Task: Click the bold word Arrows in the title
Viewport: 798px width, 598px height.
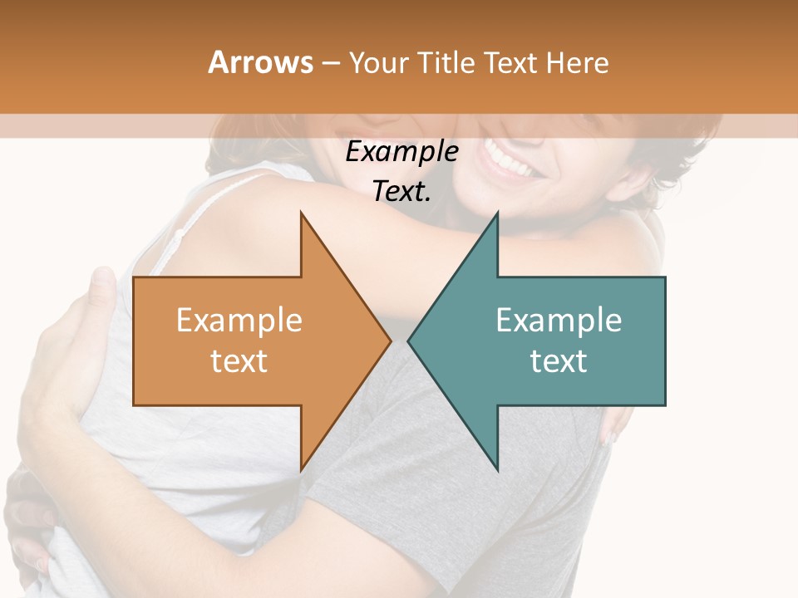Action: click(x=260, y=63)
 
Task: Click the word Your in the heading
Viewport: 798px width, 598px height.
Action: click(x=377, y=63)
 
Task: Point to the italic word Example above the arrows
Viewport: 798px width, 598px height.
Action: click(x=401, y=152)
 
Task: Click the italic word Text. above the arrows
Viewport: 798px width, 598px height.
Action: click(x=401, y=192)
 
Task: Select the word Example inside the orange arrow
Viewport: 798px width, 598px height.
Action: click(x=239, y=321)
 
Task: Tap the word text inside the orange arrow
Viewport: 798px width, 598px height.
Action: click(x=239, y=361)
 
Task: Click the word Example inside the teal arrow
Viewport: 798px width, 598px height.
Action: click(x=559, y=321)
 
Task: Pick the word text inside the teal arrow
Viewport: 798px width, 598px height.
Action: click(x=559, y=361)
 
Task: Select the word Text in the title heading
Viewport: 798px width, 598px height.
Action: click(x=510, y=63)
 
